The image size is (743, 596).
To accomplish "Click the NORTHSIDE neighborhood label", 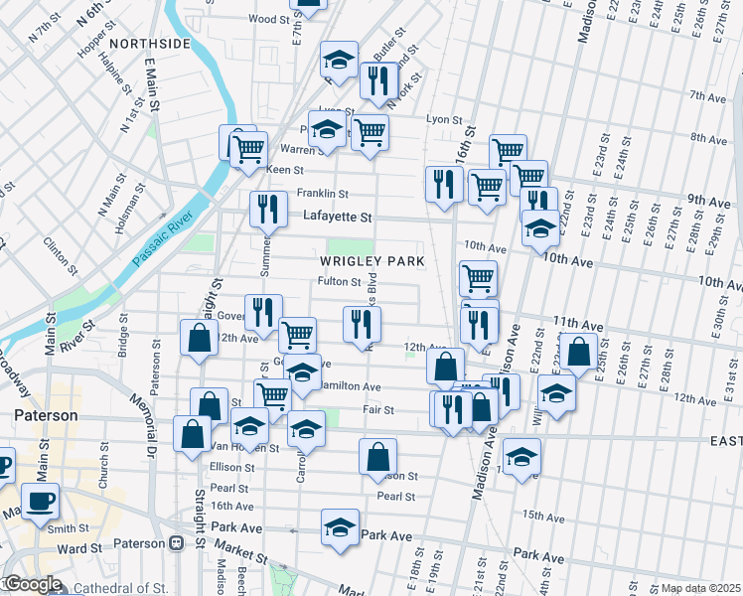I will [149, 44].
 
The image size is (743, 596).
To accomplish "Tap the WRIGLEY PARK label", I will [372, 261].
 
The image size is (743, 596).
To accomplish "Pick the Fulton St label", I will [338, 281].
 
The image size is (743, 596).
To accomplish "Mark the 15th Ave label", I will [544, 516].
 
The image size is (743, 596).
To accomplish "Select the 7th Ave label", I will [708, 96].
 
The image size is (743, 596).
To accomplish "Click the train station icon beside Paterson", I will [177, 543].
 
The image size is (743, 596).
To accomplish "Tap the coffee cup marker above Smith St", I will [41, 502].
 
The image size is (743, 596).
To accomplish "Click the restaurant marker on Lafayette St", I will [266, 210].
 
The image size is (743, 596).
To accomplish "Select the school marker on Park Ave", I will [340, 526].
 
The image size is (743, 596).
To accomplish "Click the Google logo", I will [32, 584].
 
